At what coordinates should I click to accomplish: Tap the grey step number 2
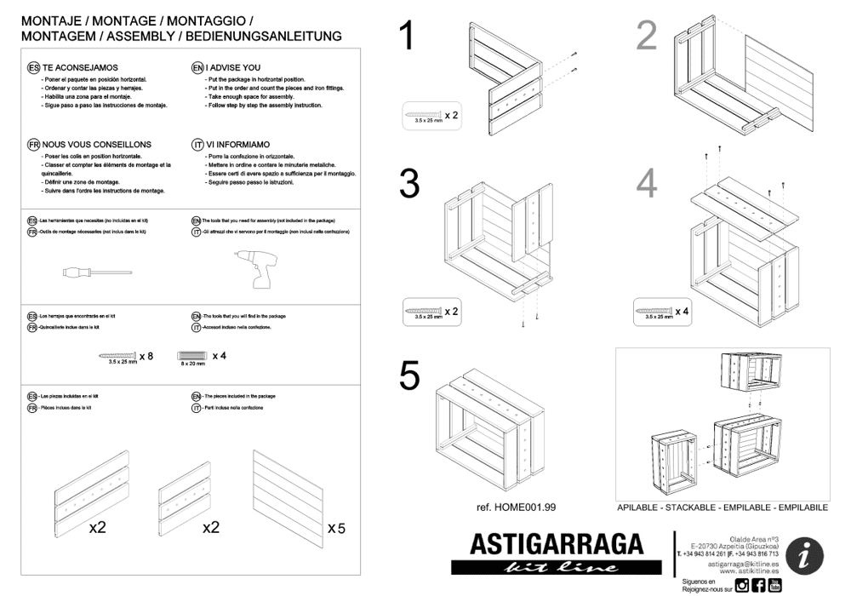(647, 36)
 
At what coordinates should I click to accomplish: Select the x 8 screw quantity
(146, 355)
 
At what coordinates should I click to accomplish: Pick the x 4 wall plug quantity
(219, 355)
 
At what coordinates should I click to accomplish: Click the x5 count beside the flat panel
(336, 529)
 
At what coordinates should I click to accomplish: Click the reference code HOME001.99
(517, 507)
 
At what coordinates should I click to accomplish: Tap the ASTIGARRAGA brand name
(557, 543)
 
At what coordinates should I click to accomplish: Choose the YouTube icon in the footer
(774, 585)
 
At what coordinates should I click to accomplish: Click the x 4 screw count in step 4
(683, 312)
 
